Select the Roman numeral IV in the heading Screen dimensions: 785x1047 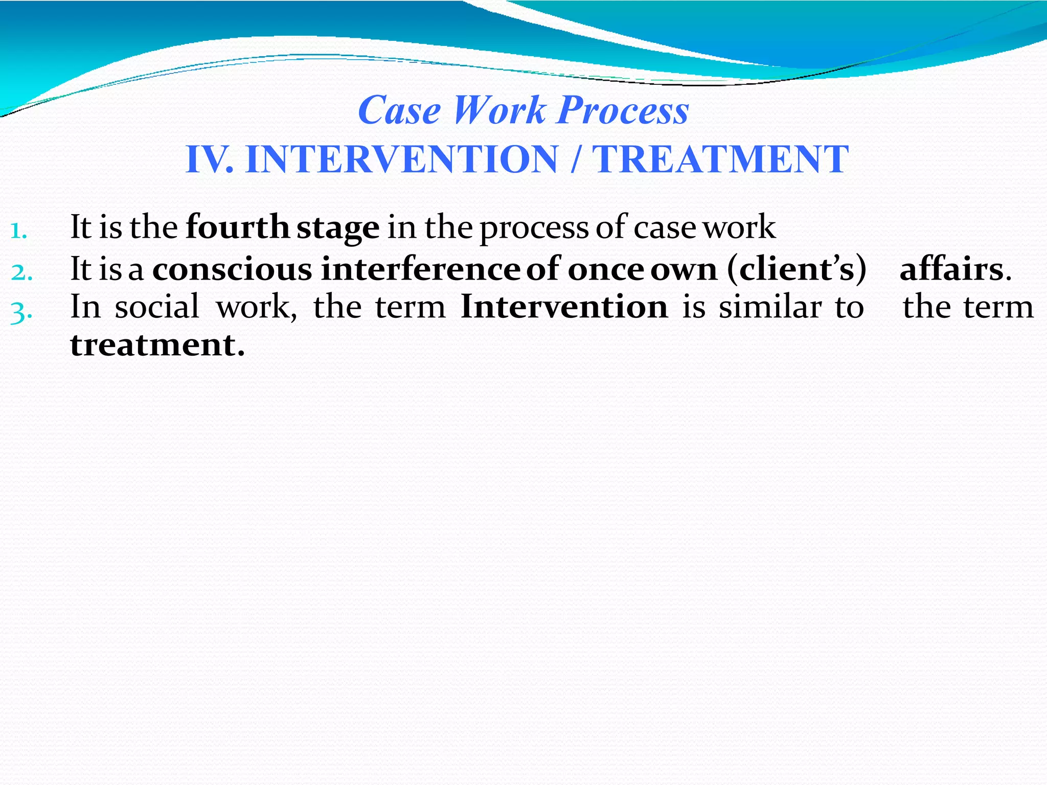click(x=207, y=159)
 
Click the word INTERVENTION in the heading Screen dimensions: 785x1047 click(x=401, y=159)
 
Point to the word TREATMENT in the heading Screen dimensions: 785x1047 click(x=720, y=159)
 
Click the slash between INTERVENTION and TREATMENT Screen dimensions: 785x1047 click(x=575, y=159)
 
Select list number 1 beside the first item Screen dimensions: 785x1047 click(x=18, y=231)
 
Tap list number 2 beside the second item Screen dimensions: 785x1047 click(x=21, y=273)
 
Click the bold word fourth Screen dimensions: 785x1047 click(x=237, y=227)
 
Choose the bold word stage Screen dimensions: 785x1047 click(x=338, y=228)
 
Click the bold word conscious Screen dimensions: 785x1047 click(x=232, y=270)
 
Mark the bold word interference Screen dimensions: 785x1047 click(x=420, y=270)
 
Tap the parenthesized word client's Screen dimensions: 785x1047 click(x=796, y=270)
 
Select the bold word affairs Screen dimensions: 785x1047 click(x=952, y=270)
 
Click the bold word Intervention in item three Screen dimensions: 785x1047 click(x=564, y=308)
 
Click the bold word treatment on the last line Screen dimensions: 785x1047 click(x=156, y=345)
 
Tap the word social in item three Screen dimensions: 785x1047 click(x=156, y=308)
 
